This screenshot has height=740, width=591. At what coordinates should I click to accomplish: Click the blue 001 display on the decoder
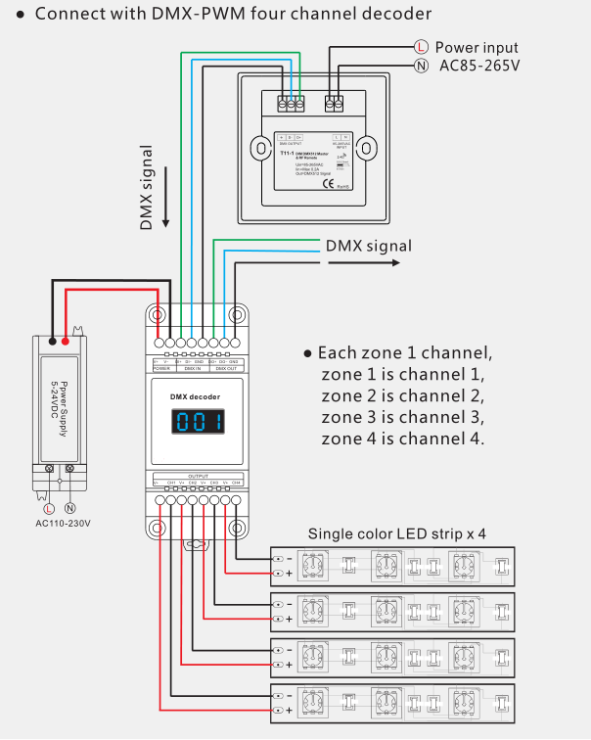coord(199,423)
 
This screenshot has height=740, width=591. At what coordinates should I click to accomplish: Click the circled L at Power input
coord(421,47)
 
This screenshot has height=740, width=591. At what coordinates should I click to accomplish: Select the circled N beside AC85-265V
coord(421,66)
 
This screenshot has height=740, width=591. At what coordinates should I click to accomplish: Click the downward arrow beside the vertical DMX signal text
coord(167,196)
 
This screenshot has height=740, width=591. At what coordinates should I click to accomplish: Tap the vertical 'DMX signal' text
coord(147,188)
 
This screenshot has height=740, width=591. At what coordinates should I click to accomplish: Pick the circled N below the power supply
coord(70,508)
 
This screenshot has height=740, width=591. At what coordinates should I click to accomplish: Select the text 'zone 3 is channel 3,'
coord(402,417)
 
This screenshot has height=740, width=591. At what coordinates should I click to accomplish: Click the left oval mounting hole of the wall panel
coord(259,148)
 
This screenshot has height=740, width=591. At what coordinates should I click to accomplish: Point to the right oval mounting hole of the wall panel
coord(365,148)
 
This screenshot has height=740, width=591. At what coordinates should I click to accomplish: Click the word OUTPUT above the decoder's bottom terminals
coord(198,475)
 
